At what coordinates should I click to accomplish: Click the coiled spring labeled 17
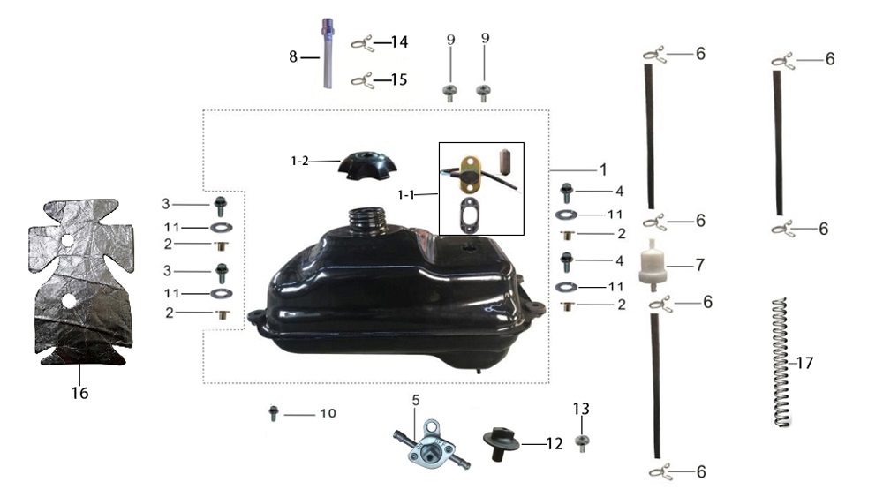[780, 362]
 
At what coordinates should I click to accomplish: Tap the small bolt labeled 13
[581, 442]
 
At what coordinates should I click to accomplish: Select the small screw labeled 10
[274, 412]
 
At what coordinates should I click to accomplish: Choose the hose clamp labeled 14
[362, 42]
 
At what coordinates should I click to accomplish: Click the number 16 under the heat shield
[79, 393]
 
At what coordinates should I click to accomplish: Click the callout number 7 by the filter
[700, 265]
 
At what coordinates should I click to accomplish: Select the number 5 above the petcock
[416, 401]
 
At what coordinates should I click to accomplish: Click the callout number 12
[555, 443]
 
